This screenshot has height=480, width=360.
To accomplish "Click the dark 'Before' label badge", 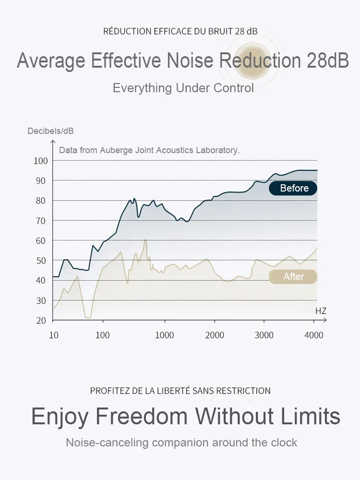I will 293,188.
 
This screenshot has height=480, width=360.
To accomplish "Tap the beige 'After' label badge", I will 293,276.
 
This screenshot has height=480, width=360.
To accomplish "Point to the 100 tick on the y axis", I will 41,161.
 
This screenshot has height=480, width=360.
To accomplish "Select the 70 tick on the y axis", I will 41,221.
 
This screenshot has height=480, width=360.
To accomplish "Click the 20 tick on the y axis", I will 41,321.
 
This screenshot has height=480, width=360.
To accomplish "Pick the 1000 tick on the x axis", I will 165,335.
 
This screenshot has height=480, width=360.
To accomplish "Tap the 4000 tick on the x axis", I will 314,335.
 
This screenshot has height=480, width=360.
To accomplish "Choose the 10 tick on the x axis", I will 54,335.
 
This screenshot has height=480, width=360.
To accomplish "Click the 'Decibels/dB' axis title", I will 50,131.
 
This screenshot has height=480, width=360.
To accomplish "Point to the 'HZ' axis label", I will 321,311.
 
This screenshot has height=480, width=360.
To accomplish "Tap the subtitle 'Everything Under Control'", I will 183,88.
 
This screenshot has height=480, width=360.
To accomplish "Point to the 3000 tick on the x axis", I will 264,335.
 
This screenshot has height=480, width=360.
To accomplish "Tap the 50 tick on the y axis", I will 41,261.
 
